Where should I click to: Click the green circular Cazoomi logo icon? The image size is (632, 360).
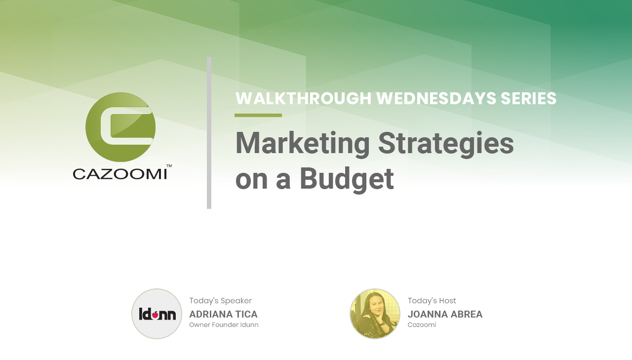pyautogui.click(x=120, y=127)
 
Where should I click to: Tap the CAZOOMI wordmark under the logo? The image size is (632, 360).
pyautogui.click(x=120, y=174)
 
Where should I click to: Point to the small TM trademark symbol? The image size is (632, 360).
pyautogui.click(x=169, y=165)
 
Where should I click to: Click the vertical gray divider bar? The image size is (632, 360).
pyautogui.click(x=209, y=133)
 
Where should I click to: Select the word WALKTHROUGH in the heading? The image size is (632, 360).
pyautogui.click(x=303, y=98)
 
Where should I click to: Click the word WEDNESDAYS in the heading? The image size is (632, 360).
pyautogui.click(x=436, y=98)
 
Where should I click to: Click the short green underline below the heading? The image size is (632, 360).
pyautogui.click(x=258, y=115)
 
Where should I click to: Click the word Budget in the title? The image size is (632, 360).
pyautogui.click(x=347, y=180)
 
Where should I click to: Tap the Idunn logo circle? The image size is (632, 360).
pyautogui.click(x=157, y=314)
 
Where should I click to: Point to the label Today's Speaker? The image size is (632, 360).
pyautogui.click(x=220, y=301)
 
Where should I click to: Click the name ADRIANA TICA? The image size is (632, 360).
pyautogui.click(x=223, y=314)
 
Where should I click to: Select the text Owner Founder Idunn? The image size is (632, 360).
pyautogui.click(x=224, y=325)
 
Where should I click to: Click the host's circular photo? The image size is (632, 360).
pyautogui.click(x=375, y=314)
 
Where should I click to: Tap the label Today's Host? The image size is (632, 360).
pyautogui.click(x=432, y=301)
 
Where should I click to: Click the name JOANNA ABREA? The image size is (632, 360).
pyautogui.click(x=445, y=314)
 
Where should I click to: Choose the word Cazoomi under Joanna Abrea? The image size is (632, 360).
pyautogui.click(x=422, y=325)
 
